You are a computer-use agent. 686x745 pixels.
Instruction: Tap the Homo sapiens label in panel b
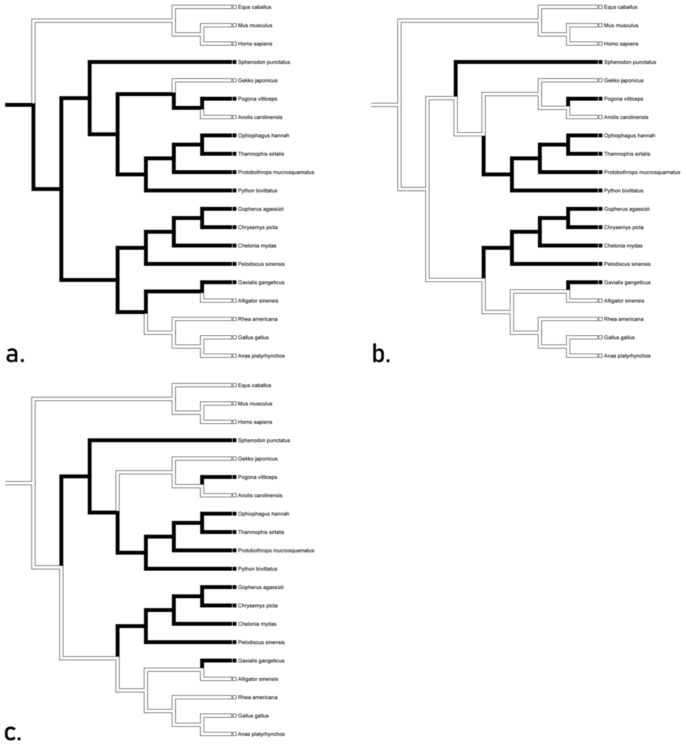point(621,44)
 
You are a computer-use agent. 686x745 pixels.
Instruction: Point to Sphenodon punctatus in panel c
point(264,440)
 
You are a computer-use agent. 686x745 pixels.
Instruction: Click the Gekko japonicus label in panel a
point(258,81)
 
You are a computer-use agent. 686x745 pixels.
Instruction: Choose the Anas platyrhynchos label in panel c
point(261,734)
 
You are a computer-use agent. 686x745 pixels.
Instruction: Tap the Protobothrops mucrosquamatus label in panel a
point(276,172)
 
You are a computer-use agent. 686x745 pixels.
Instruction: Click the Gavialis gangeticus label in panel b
point(627,282)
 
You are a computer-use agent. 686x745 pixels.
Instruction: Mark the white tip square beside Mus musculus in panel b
point(600,25)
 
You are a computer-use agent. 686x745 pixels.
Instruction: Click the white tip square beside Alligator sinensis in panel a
point(234,301)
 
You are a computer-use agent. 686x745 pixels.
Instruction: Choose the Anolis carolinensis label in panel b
point(626,117)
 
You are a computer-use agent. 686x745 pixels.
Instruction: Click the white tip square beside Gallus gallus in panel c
point(234,716)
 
